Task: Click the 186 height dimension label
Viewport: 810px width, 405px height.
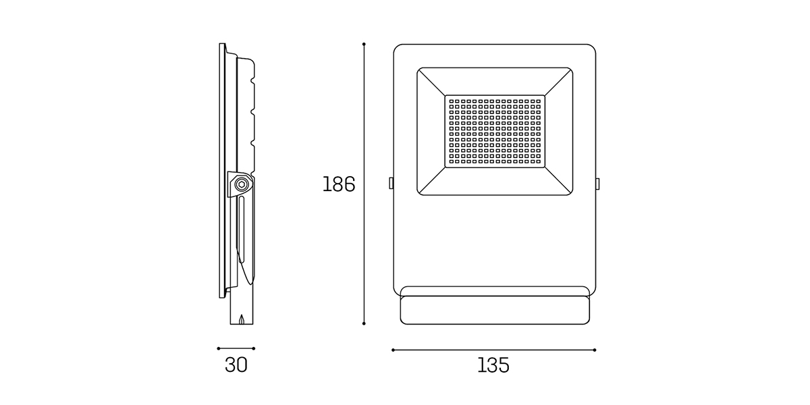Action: click(339, 184)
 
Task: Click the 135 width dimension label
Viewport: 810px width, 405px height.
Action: click(493, 365)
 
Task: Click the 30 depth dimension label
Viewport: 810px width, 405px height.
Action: click(236, 365)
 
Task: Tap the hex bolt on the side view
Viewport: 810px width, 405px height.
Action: click(241, 184)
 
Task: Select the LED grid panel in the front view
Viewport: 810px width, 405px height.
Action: click(495, 131)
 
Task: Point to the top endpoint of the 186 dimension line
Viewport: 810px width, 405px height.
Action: click(364, 44)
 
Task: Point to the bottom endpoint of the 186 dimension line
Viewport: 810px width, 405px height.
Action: click(364, 323)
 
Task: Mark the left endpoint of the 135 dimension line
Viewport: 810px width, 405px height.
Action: click(393, 350)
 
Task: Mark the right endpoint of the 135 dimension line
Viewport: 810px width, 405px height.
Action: click(595, 350)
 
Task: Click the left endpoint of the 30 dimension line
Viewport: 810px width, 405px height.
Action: click(219, 348)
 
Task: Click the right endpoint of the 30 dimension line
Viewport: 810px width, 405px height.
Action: click(254, 348)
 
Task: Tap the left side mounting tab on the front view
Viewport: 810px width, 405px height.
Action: click(391, 183)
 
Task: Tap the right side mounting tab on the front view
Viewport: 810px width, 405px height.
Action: click(597, 184)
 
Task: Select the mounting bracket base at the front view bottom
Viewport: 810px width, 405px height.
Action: click(495, 310)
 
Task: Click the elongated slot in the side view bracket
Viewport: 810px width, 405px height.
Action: click(241, 230)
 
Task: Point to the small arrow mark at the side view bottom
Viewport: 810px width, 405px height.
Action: click(242, 319)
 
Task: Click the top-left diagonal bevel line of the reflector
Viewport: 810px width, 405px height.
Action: click(431, 82)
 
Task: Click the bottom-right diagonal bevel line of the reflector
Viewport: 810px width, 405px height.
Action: click(558, 180)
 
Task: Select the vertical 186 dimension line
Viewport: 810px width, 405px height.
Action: click(364, 184)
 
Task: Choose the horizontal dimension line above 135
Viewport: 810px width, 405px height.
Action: click(494, 350)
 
